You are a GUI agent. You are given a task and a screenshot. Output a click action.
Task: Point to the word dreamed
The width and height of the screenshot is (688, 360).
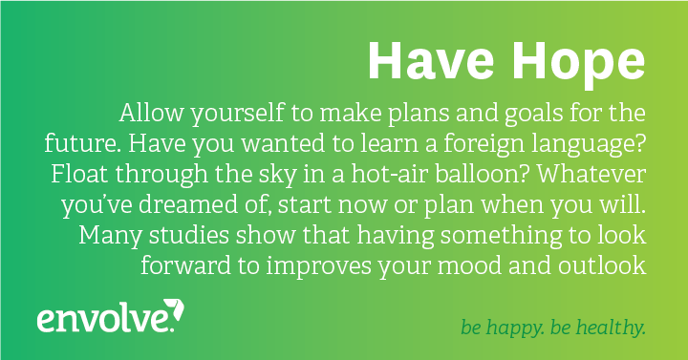point(212,204)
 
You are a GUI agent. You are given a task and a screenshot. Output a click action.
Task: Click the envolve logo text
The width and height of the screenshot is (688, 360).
point(103,318)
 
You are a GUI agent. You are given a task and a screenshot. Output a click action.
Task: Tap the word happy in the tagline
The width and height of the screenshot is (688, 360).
point(520,328)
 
